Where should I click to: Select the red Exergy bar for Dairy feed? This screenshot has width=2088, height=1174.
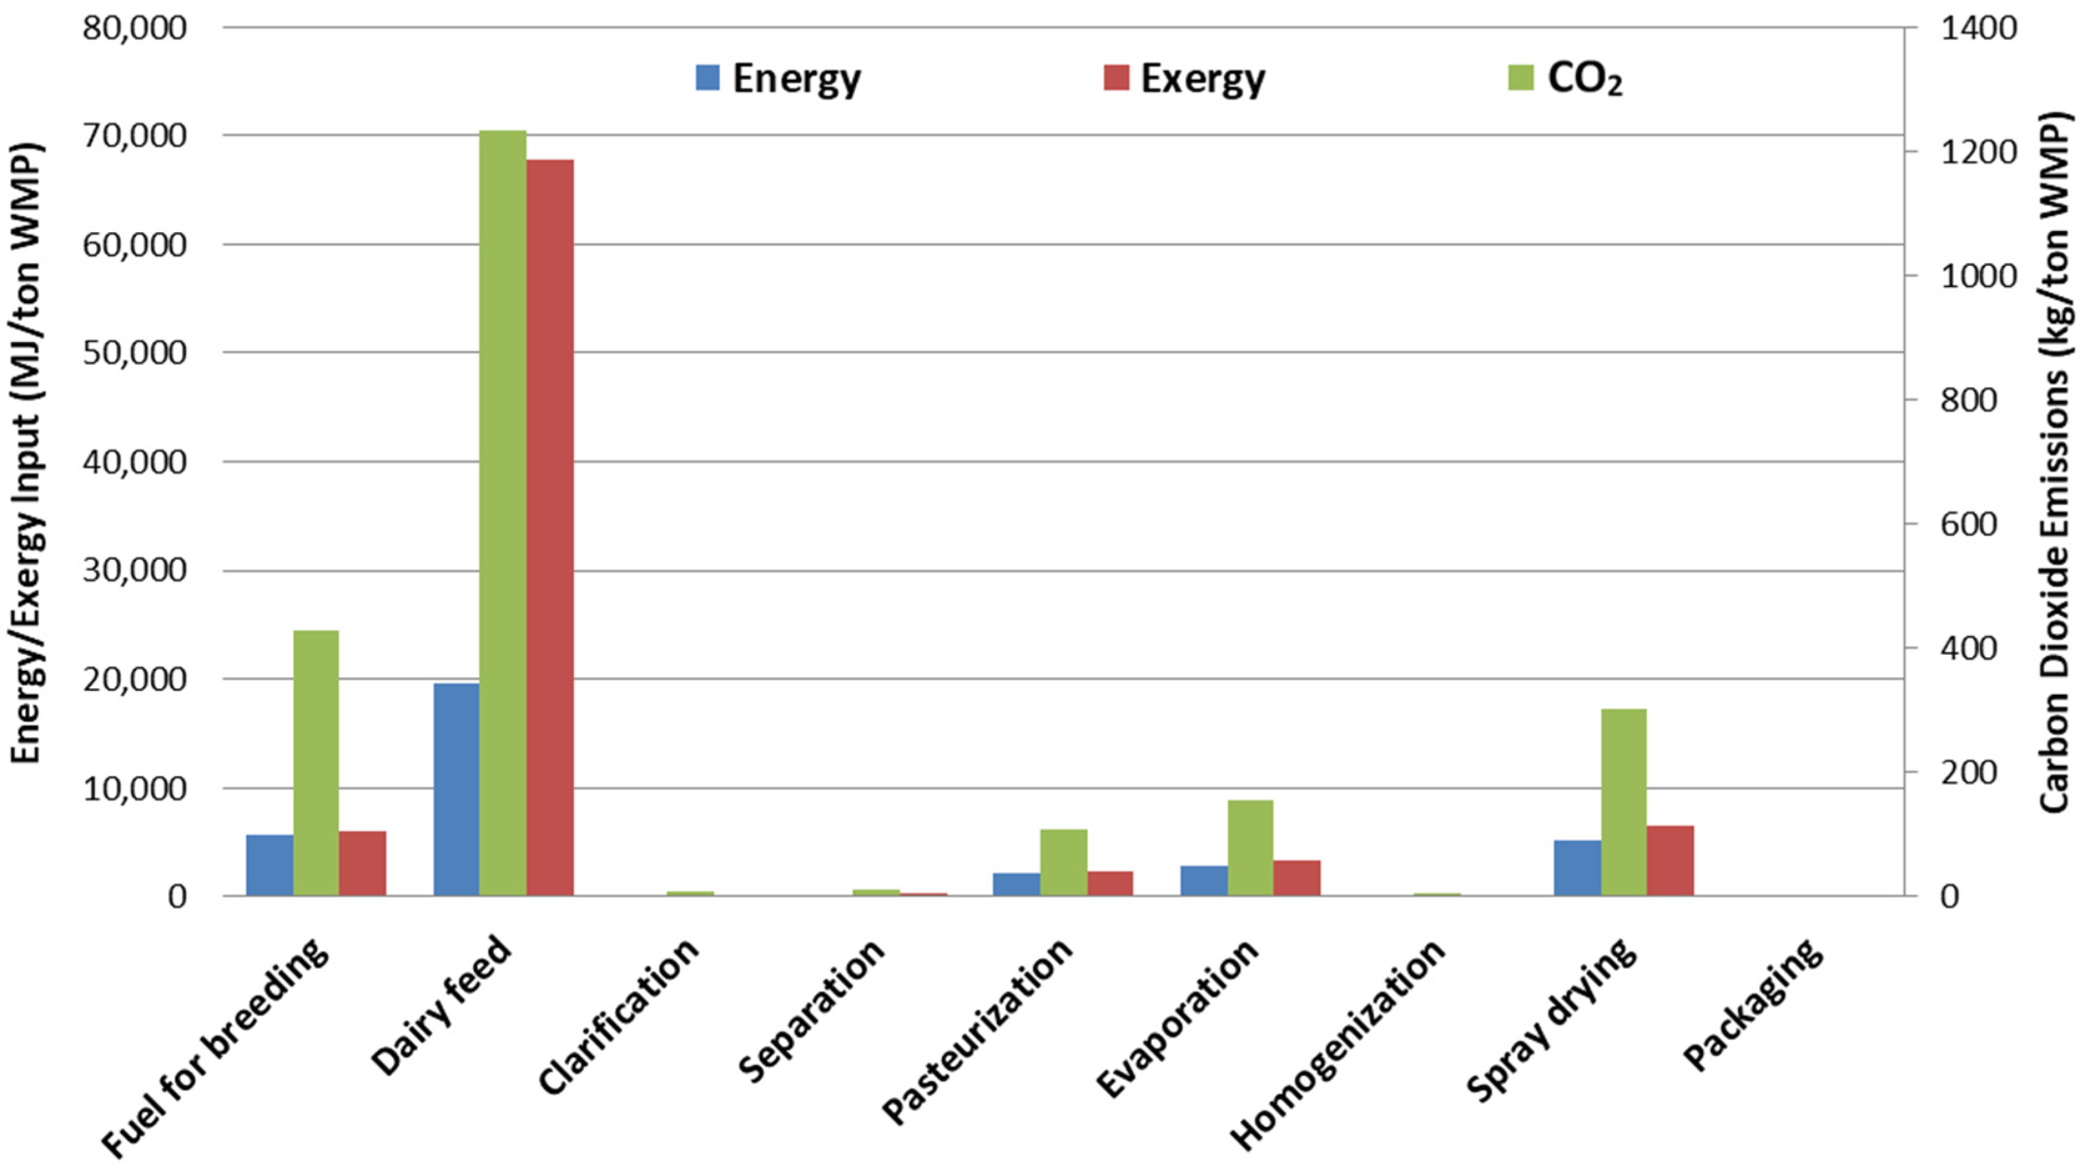tap(550, 527)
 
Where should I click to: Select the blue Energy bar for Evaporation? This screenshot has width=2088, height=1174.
tap(1203, 881)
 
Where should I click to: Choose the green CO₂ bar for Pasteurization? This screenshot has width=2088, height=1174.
tap(1064, 862)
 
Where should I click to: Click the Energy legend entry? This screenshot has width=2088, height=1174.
tap(778, 79)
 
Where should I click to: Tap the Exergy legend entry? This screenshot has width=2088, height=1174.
tap(1183, 79)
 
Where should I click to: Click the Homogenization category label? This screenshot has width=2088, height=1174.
tap(1338, 1046)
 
